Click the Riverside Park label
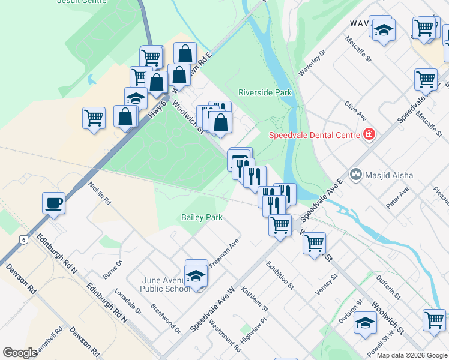coord(265,92)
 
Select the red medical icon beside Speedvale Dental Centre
coord(369,134)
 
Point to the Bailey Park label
coord(201,217)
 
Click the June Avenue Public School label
coord(166,284)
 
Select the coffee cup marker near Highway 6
coord(53,203)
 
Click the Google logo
coord(20,353)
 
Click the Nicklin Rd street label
coord(99,193)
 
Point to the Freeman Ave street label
coord(224,254)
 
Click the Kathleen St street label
coord(255,298)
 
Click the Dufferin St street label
coord(388,286)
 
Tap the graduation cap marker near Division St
coord(365,322)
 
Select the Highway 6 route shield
coord(23,239)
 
